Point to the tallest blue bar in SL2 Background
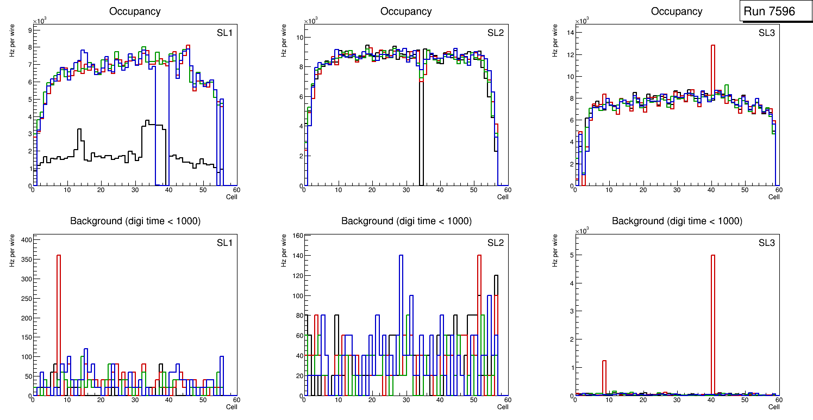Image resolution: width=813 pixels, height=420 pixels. pyautogui.click(x=401, y=305)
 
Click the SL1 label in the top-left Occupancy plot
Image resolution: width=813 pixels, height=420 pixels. pyautogui.click(x=224, y=33)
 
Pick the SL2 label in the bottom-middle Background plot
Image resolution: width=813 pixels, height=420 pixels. pyautogui.click(x=495, y=242)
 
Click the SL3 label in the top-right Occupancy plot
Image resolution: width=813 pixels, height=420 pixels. pyautogui.click(x=766, y=33)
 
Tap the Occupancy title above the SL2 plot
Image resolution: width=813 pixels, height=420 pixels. pyautogui.click(x=406, y=11)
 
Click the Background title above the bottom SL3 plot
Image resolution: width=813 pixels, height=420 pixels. pyautogui.click(x=677, y=221)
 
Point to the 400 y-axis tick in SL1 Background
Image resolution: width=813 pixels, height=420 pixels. pyautogui.click(x=25, y=239)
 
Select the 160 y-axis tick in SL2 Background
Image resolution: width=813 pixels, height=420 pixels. pyautogui.click(x=296, y=236)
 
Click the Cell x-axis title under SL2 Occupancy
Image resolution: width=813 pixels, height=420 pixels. pyautogui.click(x=503, y=197)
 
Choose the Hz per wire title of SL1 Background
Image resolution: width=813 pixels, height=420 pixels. pyautogui.click(x=11, y=250)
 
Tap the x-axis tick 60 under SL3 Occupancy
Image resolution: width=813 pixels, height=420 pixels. pyautogui.click(x=778, y=190)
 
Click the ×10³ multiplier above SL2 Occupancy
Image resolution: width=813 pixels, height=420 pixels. pyautogui.click(x=311, y=21)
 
